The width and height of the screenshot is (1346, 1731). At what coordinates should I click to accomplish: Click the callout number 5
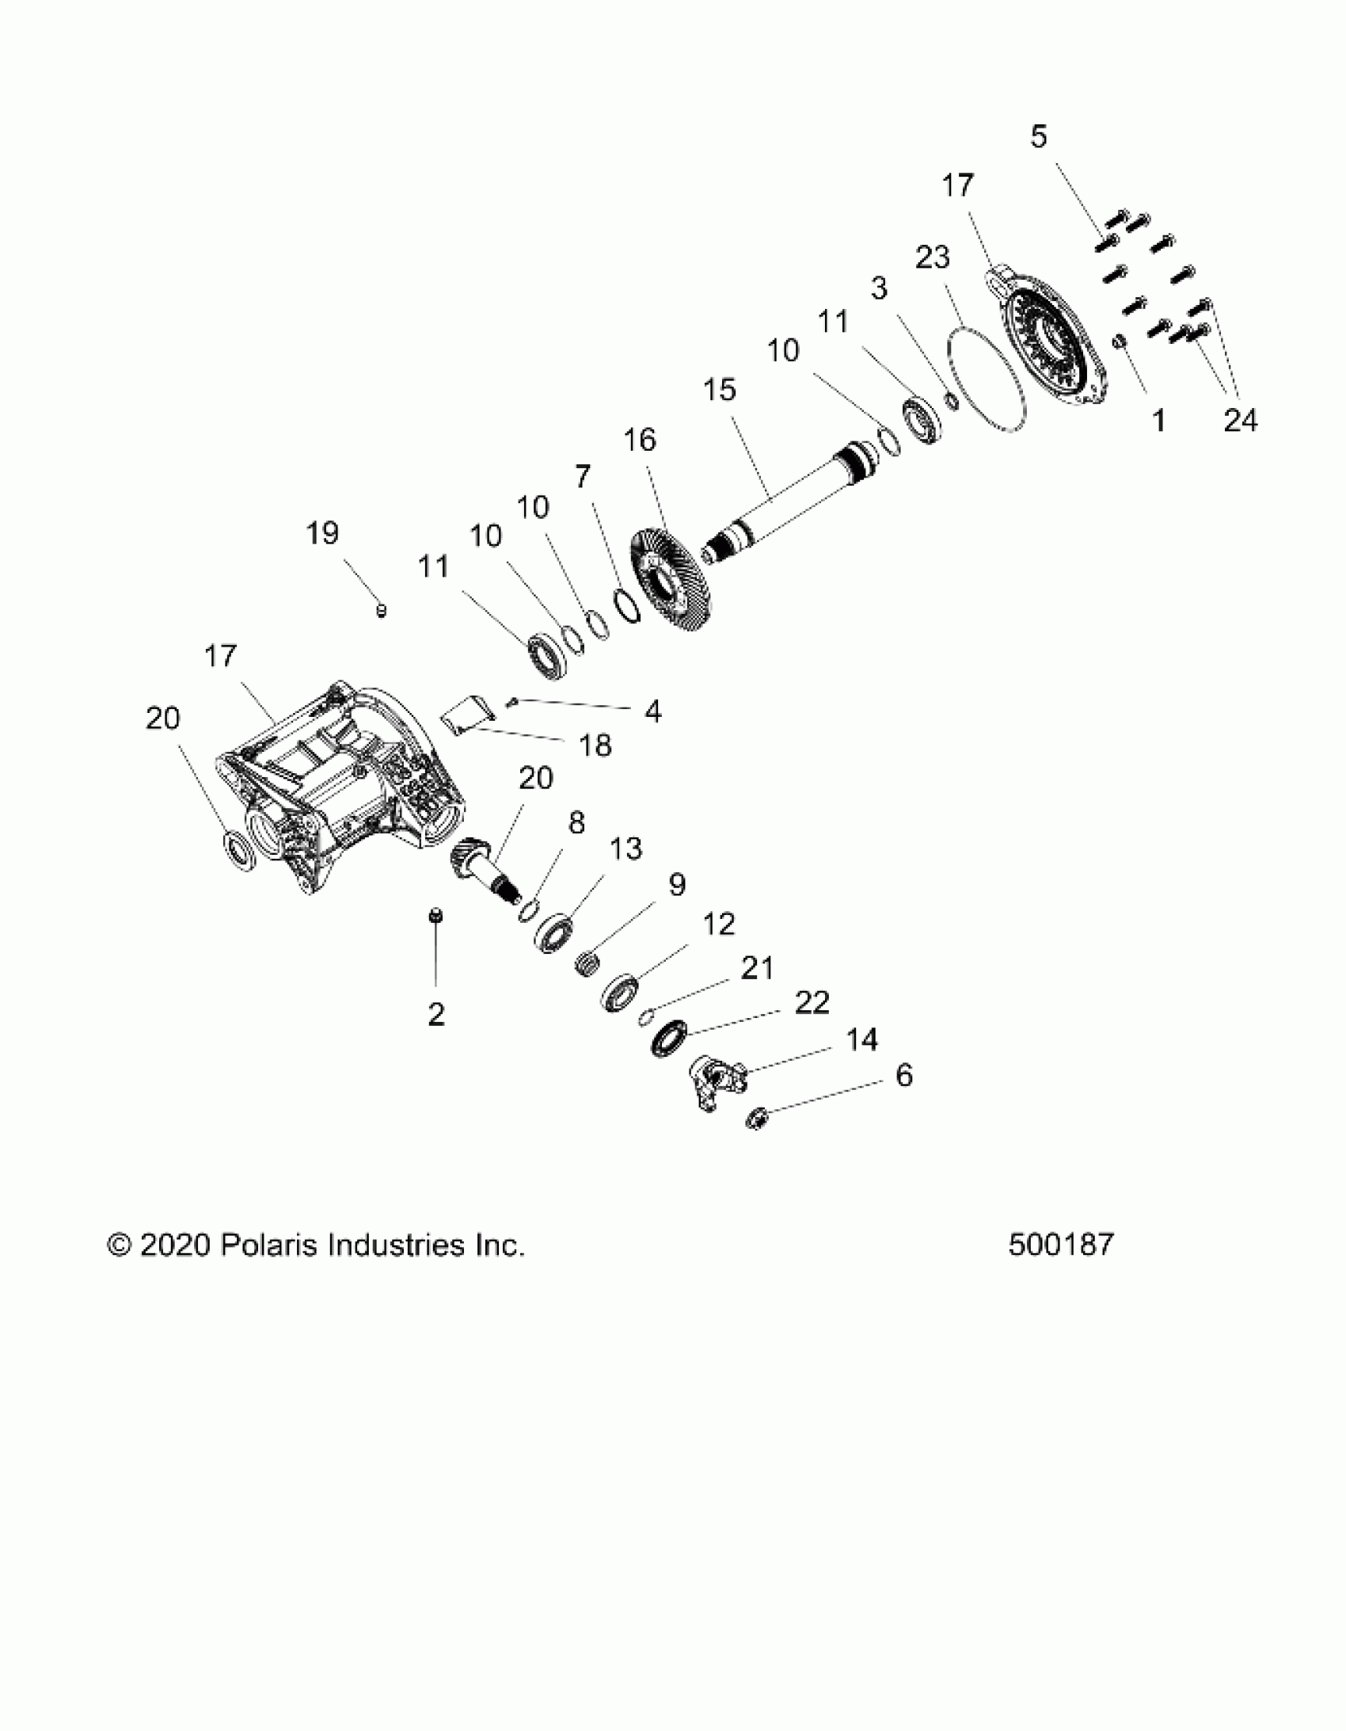pos(1039,136)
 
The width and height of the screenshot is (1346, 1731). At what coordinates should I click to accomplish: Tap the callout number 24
pos(1241,421)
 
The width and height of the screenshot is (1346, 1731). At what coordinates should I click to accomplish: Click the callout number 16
pos(640,440)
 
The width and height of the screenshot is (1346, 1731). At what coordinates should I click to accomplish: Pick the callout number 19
pos(322,533)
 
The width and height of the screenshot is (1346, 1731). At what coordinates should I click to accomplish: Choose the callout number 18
pos(595,745)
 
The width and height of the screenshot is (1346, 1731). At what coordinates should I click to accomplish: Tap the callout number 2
pos(435,1014)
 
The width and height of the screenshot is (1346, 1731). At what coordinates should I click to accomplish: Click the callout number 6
pos(904,1076)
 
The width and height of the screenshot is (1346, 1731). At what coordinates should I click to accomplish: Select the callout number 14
pos(862,1039)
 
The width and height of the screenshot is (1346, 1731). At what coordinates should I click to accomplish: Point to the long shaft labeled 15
pos(785,504)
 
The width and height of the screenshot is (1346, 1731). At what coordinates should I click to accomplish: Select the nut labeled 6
pos(759,1119)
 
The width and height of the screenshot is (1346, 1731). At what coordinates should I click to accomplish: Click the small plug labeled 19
pos(381,609)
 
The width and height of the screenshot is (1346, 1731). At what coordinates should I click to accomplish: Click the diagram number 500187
pos(1061,1245)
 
